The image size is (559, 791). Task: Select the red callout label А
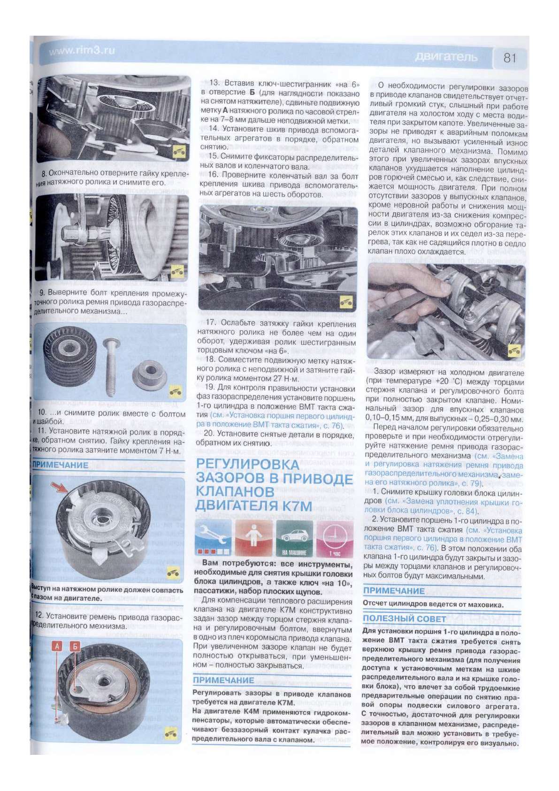pos(58,647)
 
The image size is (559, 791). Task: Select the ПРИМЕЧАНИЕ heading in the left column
pos(60,465)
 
